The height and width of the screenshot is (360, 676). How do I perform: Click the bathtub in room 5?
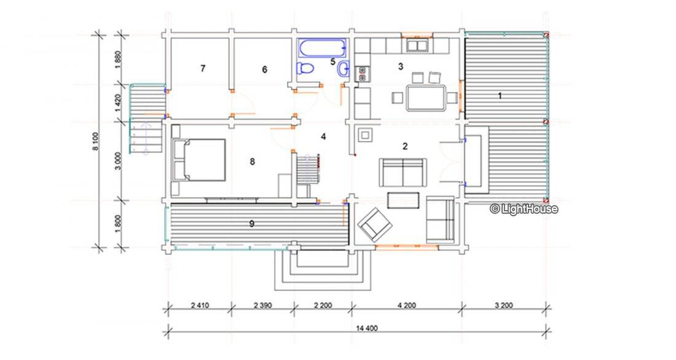(x=322, y=48)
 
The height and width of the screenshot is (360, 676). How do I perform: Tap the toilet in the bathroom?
(x=305, y=69)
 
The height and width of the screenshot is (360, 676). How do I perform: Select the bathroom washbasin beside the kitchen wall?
(x=344, y=69)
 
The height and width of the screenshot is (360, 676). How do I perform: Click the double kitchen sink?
(x=417, y=45)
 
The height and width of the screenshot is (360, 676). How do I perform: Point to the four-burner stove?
(x=361, y=74)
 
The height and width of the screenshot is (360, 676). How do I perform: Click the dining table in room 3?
(x=425, y=98)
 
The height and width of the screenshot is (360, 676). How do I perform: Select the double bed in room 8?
(x=198, y=160)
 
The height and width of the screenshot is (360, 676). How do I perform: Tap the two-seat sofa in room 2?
(x=403, y=172)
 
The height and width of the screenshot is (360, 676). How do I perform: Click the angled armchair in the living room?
(x=375, y=224)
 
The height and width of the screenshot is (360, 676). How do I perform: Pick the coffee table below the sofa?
(x=403, y=200)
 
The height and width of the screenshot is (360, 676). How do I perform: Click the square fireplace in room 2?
(x=365, y=135)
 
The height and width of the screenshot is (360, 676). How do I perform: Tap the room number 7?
(x=203, y=68)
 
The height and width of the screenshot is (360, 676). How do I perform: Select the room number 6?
(x=264, y=69)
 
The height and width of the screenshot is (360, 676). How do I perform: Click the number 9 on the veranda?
(x=252, y=224)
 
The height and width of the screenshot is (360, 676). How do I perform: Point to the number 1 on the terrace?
(x=500, y=96)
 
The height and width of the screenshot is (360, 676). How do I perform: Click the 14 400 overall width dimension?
(x=367, y=328)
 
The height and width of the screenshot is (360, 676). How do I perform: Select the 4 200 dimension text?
(x=407, y=305)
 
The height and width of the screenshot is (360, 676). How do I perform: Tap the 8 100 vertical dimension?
(x=95, y=141)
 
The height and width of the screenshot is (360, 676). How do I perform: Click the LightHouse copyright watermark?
(x=524, y=209)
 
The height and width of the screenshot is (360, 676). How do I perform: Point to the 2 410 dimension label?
(x=200, y=305)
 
